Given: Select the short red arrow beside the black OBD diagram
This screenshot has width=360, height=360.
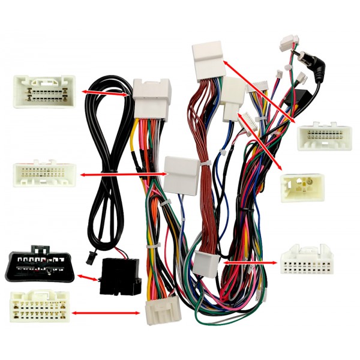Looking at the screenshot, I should pos(91,278).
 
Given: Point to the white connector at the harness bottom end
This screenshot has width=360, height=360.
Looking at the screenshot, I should pos(158,311).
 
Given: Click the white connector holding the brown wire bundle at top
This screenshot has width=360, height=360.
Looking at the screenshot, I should pos(208,59).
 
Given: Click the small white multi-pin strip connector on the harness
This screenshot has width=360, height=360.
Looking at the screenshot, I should pos(249,124).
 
